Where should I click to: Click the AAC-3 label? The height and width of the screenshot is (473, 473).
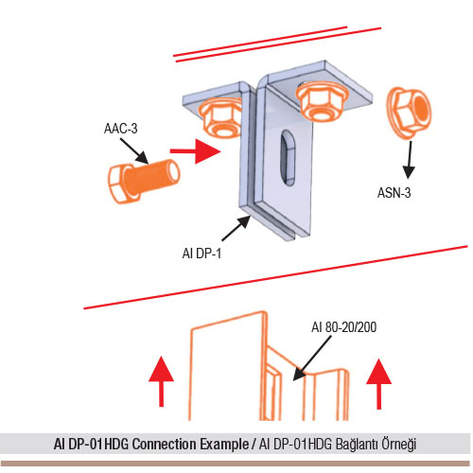point(121,129)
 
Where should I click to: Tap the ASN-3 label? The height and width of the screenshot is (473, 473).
point(394,193)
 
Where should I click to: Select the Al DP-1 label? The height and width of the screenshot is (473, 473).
point(201,254)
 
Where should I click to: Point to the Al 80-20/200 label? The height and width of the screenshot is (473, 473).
point(344,327)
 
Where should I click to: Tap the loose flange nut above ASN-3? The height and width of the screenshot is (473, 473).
point(409,113)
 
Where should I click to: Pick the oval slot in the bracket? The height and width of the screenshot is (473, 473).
point(288,158)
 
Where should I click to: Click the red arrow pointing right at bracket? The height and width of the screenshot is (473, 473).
point(195,151)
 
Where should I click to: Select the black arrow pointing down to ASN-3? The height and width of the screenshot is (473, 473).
point(410,160)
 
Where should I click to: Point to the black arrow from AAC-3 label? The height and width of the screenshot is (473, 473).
point(134,150)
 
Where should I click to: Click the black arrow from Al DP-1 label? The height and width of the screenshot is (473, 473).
point(236,228)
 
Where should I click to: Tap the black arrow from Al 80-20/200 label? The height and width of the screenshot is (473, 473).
point(312,359)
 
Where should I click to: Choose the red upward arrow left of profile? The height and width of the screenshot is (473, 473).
point(161,381)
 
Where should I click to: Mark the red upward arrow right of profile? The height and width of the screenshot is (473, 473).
point(379,384)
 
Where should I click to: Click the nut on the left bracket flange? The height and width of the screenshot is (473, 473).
point(220,118)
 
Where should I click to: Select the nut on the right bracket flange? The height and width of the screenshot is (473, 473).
point(322,100)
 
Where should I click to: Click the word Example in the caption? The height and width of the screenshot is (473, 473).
point(224,445)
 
